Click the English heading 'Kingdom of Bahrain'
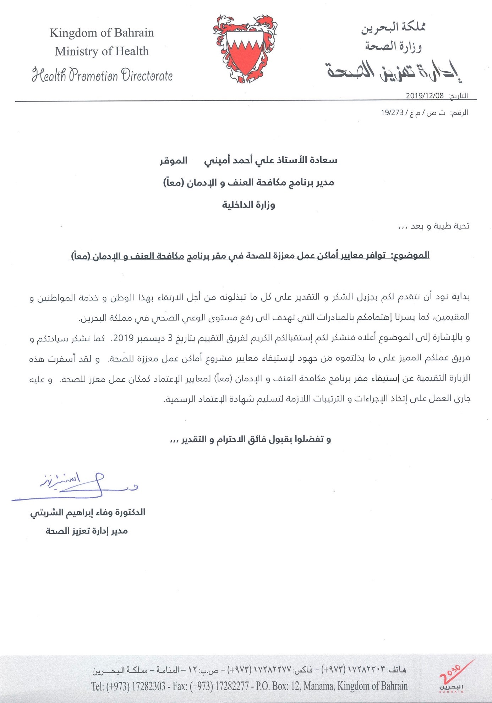point(102,33)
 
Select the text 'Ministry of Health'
point(102,51)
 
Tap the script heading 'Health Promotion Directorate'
point(102,75)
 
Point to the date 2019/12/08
point(425,96)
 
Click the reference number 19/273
point(392,113)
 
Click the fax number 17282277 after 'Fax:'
point(232,686)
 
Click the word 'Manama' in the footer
point(318,686)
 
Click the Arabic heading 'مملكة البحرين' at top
point(393,28)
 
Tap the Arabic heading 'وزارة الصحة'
point(393,46)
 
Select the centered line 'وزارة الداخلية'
point(248,205)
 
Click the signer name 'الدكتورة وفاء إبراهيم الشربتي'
point(88,512)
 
